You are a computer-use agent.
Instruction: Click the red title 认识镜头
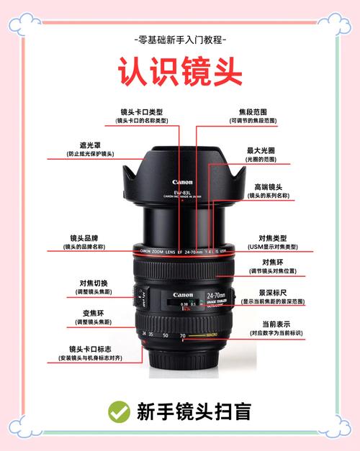pos(179,73)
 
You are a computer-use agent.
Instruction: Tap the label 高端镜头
pos(267,186)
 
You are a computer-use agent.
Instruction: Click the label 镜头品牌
pos(84,237)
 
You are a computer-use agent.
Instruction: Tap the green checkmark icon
pos(119,411)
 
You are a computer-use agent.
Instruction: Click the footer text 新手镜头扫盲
pos(194,411)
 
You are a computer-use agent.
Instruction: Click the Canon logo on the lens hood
pos(182,182)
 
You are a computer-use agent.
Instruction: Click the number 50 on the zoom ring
pos(166,335)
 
